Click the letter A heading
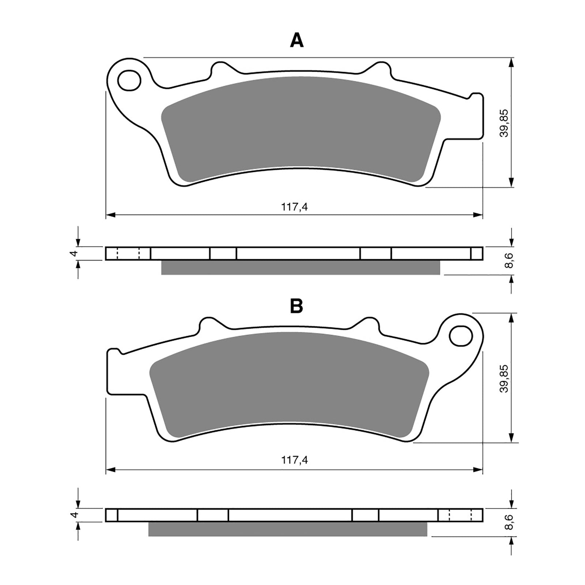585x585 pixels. pos(297,40)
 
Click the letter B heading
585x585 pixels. pos(296,306)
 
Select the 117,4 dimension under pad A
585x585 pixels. pos(294,207)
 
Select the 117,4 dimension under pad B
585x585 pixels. pos(294,460)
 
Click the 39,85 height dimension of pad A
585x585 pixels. pos(505,123)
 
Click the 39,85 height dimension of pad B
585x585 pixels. pos(505,378)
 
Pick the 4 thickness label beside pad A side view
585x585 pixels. pos(75,253)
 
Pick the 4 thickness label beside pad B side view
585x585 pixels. pos(75,514)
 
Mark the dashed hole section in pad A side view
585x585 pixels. pos(128,253)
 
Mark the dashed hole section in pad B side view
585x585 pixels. pos(460,515)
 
